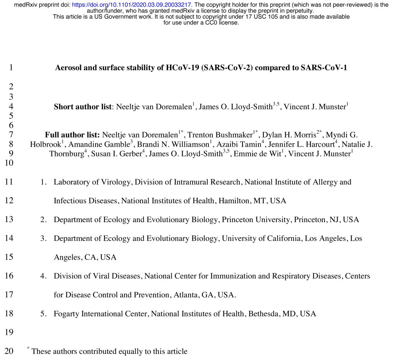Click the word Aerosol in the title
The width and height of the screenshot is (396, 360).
pyautogui.click(x=68, y=68)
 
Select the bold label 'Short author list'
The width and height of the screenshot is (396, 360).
pyautogui.click(x=82, y=107)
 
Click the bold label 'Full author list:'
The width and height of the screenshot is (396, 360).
pyautogui.click(x=72, y=135)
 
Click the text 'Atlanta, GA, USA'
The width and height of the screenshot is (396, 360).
pyautogui.click(x=203, y=295)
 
